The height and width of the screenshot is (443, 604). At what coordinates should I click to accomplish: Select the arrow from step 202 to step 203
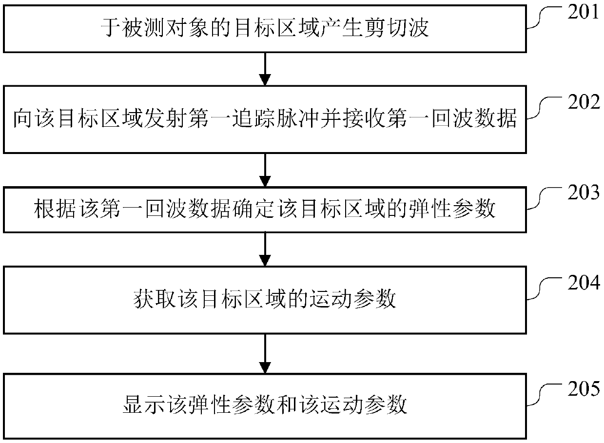point(264,171)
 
